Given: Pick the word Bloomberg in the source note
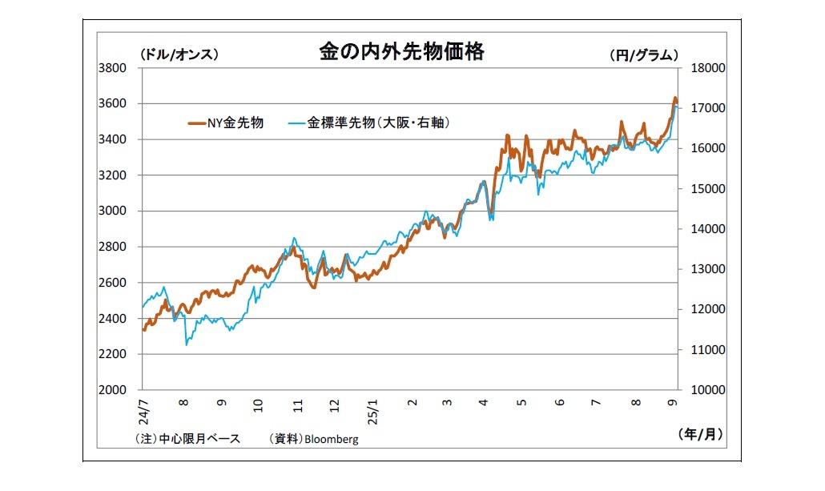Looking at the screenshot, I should point(334,440).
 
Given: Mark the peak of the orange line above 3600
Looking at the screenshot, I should point(674,99).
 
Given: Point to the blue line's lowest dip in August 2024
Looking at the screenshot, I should point(187,344).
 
